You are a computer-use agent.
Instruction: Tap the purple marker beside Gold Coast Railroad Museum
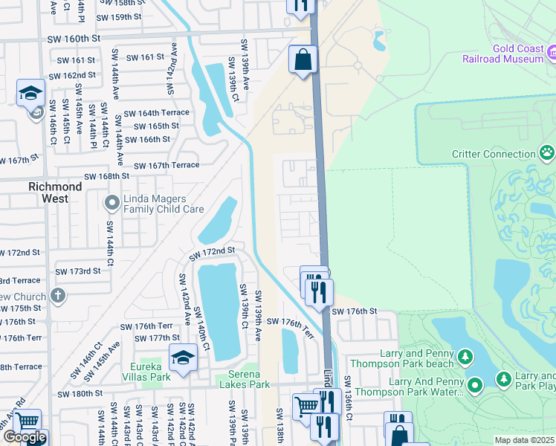(x=552, y=53)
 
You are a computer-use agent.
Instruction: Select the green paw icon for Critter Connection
(x=547, y=154)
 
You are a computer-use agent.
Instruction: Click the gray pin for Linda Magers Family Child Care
(x=111, y=202)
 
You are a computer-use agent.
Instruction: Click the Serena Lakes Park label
(x=242, y=384)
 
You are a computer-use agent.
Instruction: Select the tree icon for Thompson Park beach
(x=465, y=358)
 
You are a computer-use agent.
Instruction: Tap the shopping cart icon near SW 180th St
(x=306, y=406)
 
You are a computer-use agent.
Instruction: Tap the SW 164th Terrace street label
(x=156, y=113)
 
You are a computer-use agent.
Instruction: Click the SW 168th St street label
(x=106, y=176)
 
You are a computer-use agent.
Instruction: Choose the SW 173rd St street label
(x=77, y=271)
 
